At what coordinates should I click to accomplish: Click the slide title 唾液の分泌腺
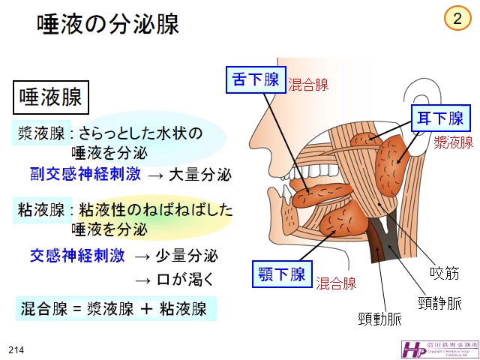109,25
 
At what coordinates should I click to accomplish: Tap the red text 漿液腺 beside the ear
453,142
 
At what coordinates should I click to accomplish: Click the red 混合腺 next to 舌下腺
308,85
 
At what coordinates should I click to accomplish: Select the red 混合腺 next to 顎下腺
335,283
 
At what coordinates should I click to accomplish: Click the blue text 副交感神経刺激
85,175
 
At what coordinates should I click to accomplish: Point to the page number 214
16,350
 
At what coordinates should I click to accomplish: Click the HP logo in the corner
413,349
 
